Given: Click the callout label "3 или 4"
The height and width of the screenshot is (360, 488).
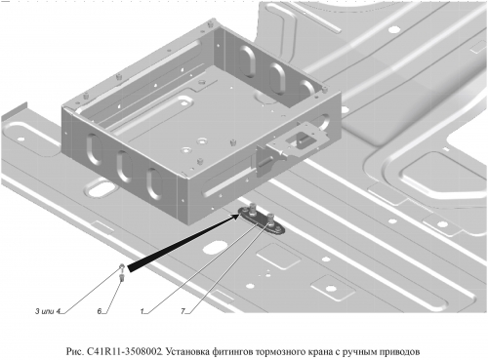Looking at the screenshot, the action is [48, 311].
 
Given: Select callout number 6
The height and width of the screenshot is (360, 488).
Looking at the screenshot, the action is [100, 311].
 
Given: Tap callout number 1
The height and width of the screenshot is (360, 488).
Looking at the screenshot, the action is [142, 311].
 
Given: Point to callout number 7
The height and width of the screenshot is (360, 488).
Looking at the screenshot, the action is [183, 311].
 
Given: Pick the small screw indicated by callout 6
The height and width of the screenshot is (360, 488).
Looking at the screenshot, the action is [122, 277].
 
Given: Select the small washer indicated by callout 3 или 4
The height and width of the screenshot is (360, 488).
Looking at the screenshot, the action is [121, 266].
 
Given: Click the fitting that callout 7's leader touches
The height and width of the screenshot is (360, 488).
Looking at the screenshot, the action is [271, 218].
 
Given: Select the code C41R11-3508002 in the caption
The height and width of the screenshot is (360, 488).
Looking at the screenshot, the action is [125, 351].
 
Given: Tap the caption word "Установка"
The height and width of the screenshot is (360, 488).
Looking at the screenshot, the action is [186, 351].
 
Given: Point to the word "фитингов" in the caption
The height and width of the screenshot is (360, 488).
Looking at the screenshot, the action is [232, 351].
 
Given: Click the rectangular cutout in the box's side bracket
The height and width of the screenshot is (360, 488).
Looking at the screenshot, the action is [299, 138].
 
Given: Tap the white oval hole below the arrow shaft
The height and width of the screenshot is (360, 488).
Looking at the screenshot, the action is [214, 247].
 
